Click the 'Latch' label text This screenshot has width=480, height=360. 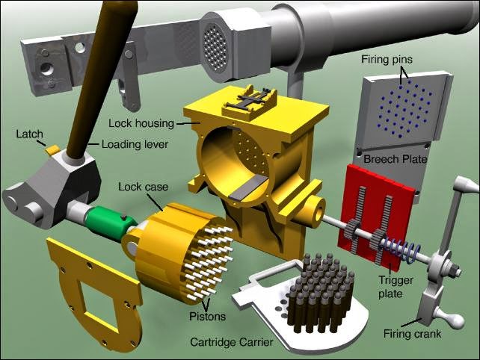click(x=29, y=134)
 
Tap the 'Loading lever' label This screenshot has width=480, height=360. click(x=135, y=144)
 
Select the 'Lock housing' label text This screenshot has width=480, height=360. click(x=141, y=123)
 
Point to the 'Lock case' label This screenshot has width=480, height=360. click(x=144, y=187)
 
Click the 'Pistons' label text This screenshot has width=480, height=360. click(x=207, y=316)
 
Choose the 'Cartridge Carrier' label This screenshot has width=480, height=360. click(x=232, y=341)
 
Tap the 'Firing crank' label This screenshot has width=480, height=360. click(x=412, y=333)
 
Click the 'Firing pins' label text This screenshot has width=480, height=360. click(x=387, y=59)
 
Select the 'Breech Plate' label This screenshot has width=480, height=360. click(x=395, y=159)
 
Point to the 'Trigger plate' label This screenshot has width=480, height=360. click(x=396, y=287)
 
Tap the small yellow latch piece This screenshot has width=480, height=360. click(x=52, y=149)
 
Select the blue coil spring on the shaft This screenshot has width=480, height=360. click(x=399, y=249)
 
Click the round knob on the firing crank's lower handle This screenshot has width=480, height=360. click(x=457, y=320)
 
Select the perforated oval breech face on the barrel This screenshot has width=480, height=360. click(x=215, y=47)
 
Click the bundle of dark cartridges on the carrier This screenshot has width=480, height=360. click(x=321, y=293)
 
